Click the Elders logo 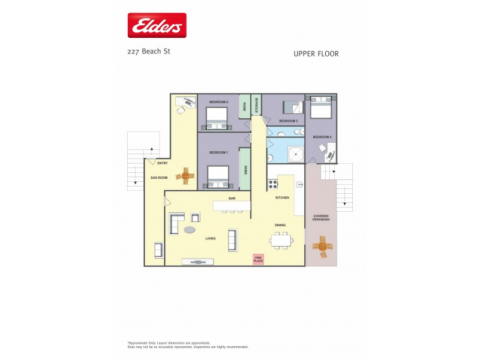157,26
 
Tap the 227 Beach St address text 149,52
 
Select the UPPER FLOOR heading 316,54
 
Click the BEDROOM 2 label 218,103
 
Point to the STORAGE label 256,106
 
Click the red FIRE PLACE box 259,259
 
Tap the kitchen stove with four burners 272,184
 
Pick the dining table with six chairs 281,241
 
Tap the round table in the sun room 185,176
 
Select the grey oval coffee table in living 190,230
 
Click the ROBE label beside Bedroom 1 245,170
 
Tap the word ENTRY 162,163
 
